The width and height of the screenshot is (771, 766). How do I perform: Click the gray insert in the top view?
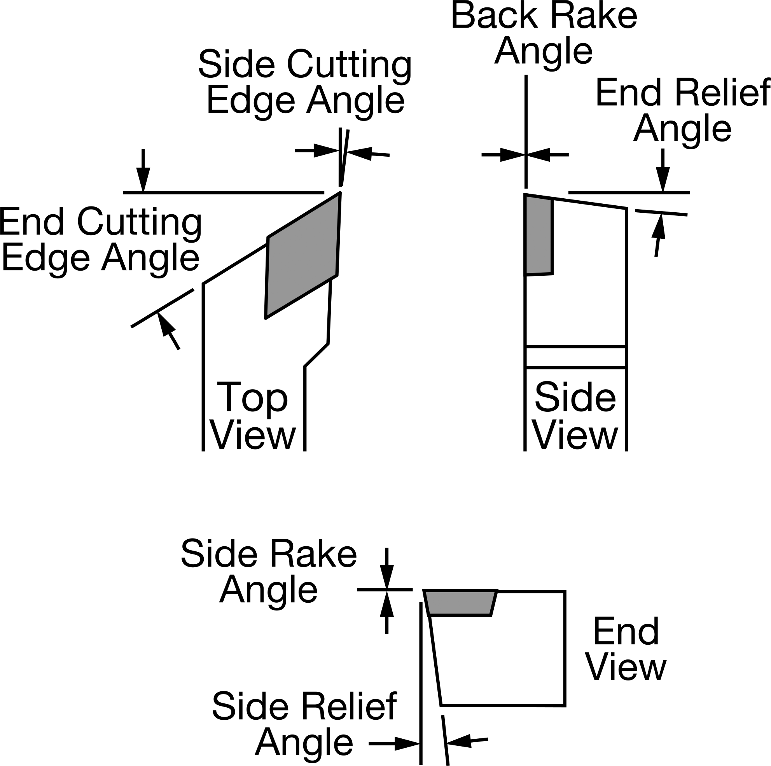[x=302, y=255]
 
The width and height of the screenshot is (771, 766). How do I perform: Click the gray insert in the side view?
[x=538, y=235]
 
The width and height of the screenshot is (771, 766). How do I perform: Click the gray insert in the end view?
[x=460, y=603]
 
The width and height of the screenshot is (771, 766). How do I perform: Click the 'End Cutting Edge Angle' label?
[x=100, y=240]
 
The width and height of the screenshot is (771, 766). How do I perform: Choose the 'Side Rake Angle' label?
[x=269, y=572]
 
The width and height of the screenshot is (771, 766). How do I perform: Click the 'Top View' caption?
[x=253, y=416]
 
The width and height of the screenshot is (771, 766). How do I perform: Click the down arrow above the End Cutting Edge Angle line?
[x=143, y=170]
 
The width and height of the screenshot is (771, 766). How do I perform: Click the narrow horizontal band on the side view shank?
[x=575, y=357]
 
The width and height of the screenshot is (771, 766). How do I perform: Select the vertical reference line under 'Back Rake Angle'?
[x=526, y=131]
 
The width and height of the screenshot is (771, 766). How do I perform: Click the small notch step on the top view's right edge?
[x=317, y=355]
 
